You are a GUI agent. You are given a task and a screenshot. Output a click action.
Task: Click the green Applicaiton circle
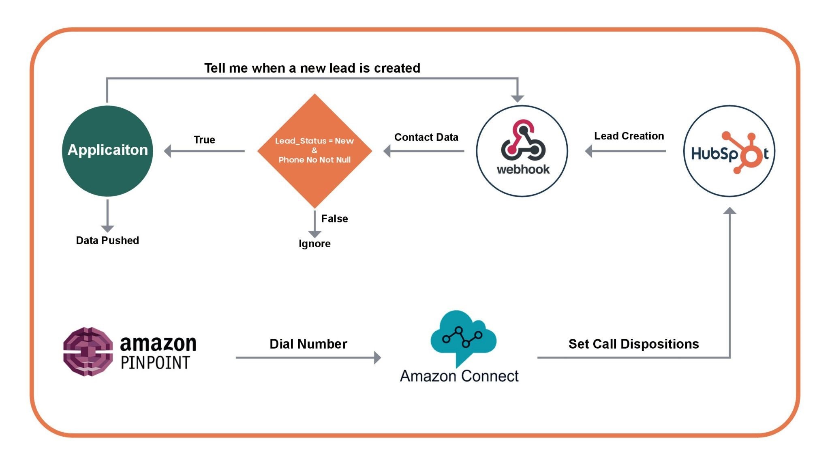click(107, 151)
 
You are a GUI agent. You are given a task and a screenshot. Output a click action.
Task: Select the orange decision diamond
click(314, 151)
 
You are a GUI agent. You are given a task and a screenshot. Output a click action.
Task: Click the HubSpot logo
click(729, 152)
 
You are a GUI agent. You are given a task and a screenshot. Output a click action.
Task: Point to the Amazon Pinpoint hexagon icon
click(88, 351)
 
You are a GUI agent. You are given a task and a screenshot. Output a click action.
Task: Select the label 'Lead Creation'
click(629, 136)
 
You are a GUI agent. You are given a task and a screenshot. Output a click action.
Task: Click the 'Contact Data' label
click(426, 137)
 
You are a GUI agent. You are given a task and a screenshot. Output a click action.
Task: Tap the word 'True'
click(204, 139)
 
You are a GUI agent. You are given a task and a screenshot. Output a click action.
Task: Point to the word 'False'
click(334, 219)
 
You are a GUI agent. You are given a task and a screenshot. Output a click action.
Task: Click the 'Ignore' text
click(314, 243)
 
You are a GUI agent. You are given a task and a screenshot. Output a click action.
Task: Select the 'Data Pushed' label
click(107, 240)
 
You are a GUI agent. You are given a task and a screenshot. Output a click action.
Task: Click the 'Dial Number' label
click(308, 344)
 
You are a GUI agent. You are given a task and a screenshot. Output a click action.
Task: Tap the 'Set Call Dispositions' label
click(633, 344)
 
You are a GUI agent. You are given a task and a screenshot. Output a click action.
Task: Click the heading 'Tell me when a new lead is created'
click(312, 68)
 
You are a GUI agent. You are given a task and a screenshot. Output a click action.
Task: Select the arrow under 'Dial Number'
click(308, 358)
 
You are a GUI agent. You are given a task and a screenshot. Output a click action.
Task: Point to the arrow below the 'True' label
click(204, 151)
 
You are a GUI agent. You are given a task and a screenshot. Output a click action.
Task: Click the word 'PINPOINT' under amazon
click(155, 362)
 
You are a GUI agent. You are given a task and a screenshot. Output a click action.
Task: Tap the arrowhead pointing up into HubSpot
click(729, 210)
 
